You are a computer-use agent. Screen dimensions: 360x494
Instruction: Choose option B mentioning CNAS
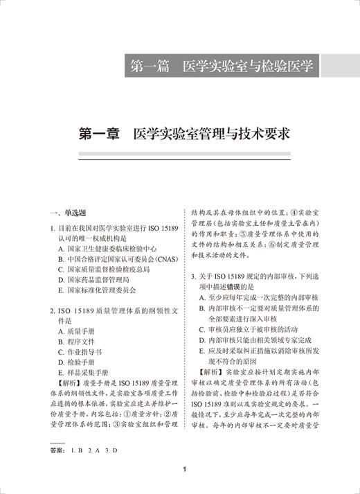click(114, 259)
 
